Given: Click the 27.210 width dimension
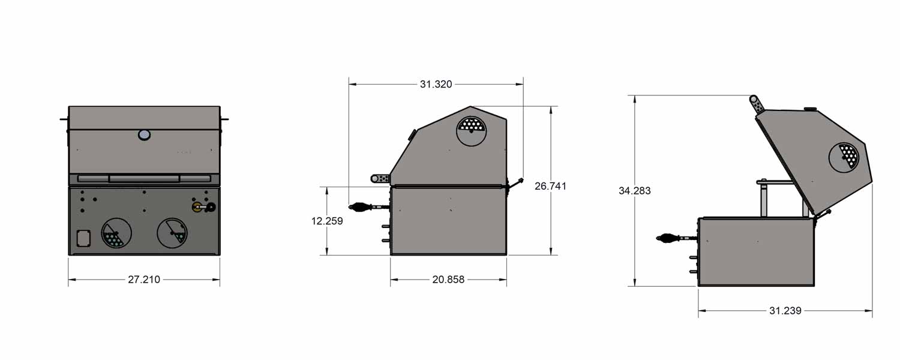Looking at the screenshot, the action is click(x=144, y=279).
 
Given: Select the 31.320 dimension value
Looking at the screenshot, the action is click(x=436, y=84).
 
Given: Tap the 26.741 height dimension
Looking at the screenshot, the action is click(x=550, y=186).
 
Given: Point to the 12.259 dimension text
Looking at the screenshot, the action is click(x=327, y=221).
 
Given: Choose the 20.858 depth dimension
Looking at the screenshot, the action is click(x=448, y=279).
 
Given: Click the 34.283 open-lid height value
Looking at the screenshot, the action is click(x=634, y=190).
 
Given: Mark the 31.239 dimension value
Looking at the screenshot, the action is click(x=785, y=311).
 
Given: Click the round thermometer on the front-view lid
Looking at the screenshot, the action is click(x=144, y=134).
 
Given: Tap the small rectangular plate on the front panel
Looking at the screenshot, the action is click(x=83, y=238).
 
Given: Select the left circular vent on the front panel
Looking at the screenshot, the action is click(x=116, y=233).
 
